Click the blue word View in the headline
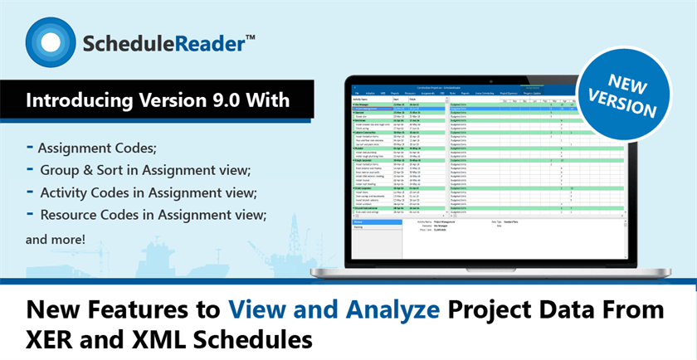(252, 312)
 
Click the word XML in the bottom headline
(154, 340)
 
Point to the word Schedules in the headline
(249, 340)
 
